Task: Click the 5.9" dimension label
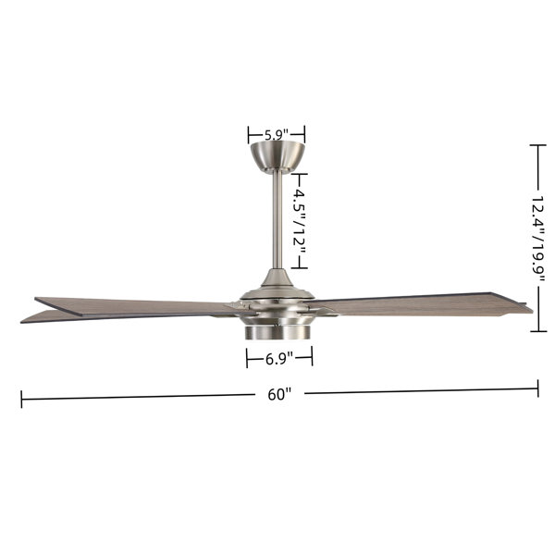[277, 135]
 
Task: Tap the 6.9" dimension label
[279, 359]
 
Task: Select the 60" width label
[279, 394]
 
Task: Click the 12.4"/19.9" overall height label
[538, 239]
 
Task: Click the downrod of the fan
[277, 220]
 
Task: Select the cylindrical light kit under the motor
[277, 332]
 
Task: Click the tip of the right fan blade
[533, 312]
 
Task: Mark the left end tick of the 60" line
[21, 399]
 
